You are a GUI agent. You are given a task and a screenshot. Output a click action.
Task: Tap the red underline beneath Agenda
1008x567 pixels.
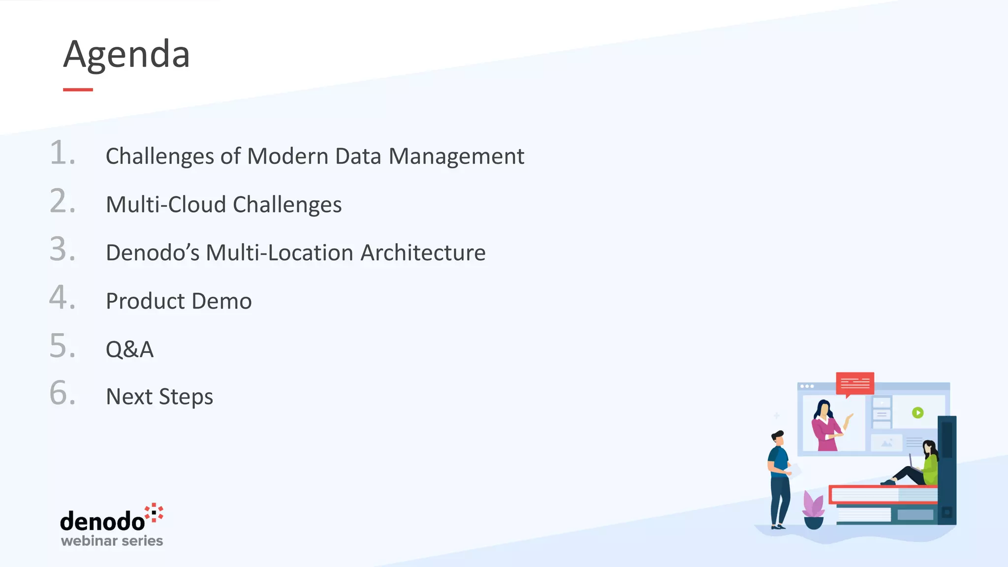tap(78, 90)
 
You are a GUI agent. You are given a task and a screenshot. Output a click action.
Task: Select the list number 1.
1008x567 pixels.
tap(62, 153)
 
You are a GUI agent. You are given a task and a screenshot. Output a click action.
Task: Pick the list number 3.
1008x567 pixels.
tap(62, 249)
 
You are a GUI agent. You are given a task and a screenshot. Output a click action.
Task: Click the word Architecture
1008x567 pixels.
tap(423, 253)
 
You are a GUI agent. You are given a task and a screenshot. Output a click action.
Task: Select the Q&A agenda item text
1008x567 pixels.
tap(129, 349)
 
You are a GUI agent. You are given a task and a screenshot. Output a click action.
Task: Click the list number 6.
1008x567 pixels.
tap(62, 394)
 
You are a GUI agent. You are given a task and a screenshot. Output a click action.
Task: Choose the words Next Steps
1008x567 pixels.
tap(159, 397)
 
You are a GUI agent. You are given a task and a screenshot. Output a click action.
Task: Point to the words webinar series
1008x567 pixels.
tap(112, 541)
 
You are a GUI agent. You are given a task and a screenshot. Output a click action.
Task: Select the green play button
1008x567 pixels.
tap(917, 412)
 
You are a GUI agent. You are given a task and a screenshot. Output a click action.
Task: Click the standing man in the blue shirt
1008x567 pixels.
tap(779, 477)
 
